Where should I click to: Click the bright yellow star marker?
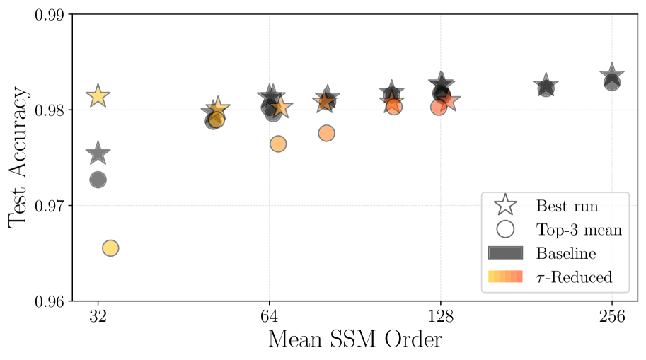(98, 96)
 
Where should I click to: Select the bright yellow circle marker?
(110, 248)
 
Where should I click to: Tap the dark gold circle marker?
(217, 120)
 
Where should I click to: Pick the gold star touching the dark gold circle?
(218, 108)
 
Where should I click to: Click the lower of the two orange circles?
(278, 144)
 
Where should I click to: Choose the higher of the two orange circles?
(326, 133)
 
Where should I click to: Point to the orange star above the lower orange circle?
(281, 108)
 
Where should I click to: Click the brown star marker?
(324, 102)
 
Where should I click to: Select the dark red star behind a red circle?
(391, 102)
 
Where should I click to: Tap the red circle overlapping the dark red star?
(394, 107)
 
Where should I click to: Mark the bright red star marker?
(448, 101)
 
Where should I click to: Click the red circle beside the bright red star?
(439, 107)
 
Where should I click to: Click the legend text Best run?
(567, 207)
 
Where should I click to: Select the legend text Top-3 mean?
(579, 230)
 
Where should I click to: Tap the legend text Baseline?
(566, 253)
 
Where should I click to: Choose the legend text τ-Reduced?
(574, 277)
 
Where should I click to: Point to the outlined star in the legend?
(505, 205)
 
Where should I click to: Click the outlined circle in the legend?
(505, 229)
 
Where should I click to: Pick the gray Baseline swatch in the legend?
(505, 253)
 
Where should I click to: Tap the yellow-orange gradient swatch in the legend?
(505, 277)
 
